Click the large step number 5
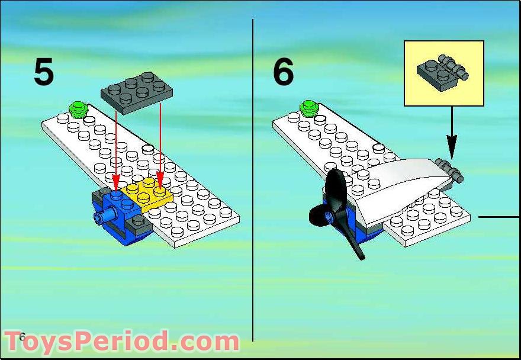[44, 72]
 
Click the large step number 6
[283, 72]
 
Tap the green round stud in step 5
[78, 108]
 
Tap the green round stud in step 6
[308, 108]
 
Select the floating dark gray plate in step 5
[137, 89]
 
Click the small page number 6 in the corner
[22, 337]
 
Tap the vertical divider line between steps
[253, 178]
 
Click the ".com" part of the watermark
[207, 342]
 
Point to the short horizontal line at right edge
[499, 217]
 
